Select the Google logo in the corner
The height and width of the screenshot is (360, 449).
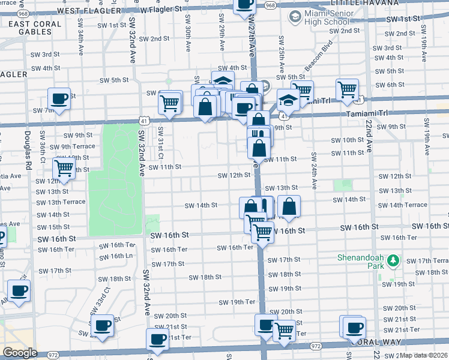[x=20, y=353]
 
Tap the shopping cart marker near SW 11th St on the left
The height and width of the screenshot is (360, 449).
[x=64, y=168]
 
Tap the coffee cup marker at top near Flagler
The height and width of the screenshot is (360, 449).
[x=244, y=5]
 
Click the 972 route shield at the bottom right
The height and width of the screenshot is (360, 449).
[x=316, y=346]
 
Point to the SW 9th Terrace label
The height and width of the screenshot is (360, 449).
[x=72, y=146]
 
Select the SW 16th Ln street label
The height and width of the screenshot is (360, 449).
[x=116, y=256]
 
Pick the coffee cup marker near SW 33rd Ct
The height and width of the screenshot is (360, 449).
[x=102, y=326]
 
